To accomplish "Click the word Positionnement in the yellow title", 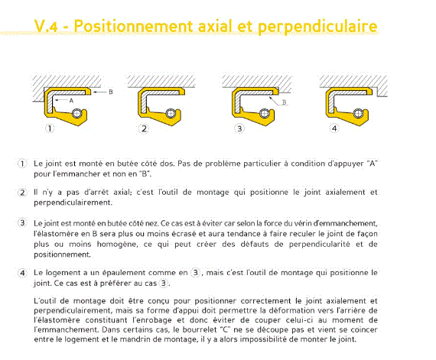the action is coord(134,27).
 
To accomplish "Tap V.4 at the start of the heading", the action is coord(46,27).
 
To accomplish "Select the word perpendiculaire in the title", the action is coord(317,28).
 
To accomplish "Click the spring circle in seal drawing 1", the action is coord(77,114).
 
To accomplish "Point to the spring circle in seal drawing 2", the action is coord(171,114).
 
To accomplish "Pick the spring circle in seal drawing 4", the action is coord(359,113).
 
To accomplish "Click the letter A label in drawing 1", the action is coord(71,101).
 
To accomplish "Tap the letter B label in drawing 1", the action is coord(111,92).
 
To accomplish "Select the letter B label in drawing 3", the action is coord(285,102).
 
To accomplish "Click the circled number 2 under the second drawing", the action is coord(144,128).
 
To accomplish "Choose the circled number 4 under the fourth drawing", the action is coord(334,128).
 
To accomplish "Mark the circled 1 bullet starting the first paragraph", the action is coord(22,164).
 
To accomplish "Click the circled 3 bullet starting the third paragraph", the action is coord(22,223).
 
